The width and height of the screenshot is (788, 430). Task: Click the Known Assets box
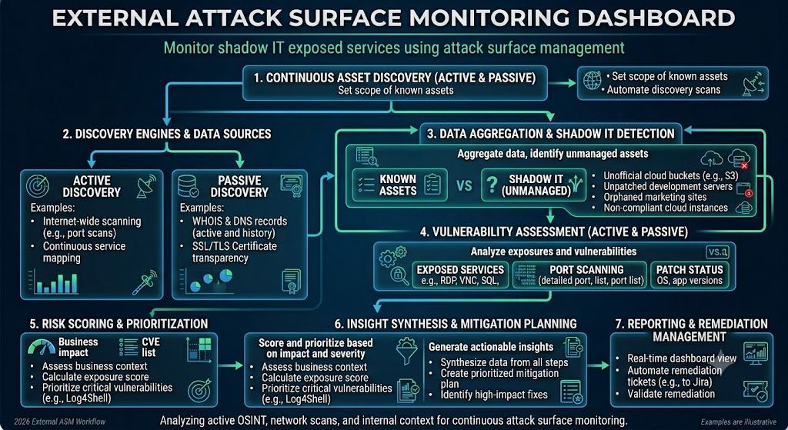click(400, 185)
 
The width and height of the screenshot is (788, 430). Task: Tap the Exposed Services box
click(460, 275)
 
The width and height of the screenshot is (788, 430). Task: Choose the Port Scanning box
click(579, 275)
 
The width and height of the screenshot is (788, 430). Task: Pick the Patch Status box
click(689, 275)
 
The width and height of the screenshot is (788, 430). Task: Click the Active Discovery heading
click(92, 186)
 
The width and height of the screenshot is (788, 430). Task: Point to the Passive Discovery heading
click(239, 186)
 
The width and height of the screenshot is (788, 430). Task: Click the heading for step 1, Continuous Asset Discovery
click(395, 78)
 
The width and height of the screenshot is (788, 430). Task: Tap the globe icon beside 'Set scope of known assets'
click(592, 80)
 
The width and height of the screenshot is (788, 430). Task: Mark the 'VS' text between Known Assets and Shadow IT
click(464, 185)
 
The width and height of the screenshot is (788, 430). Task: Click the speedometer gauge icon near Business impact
click(42, 347)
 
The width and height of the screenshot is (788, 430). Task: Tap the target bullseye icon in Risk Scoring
click(199, 390)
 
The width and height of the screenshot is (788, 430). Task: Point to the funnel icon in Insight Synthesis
click(407, 351)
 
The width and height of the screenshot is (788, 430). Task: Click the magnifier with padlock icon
click(399, 276)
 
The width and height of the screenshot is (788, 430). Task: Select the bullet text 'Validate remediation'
click(671, 394)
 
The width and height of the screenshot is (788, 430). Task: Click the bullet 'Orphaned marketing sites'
click(655, 197)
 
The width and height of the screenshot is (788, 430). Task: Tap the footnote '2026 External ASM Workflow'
click(60, 422)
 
